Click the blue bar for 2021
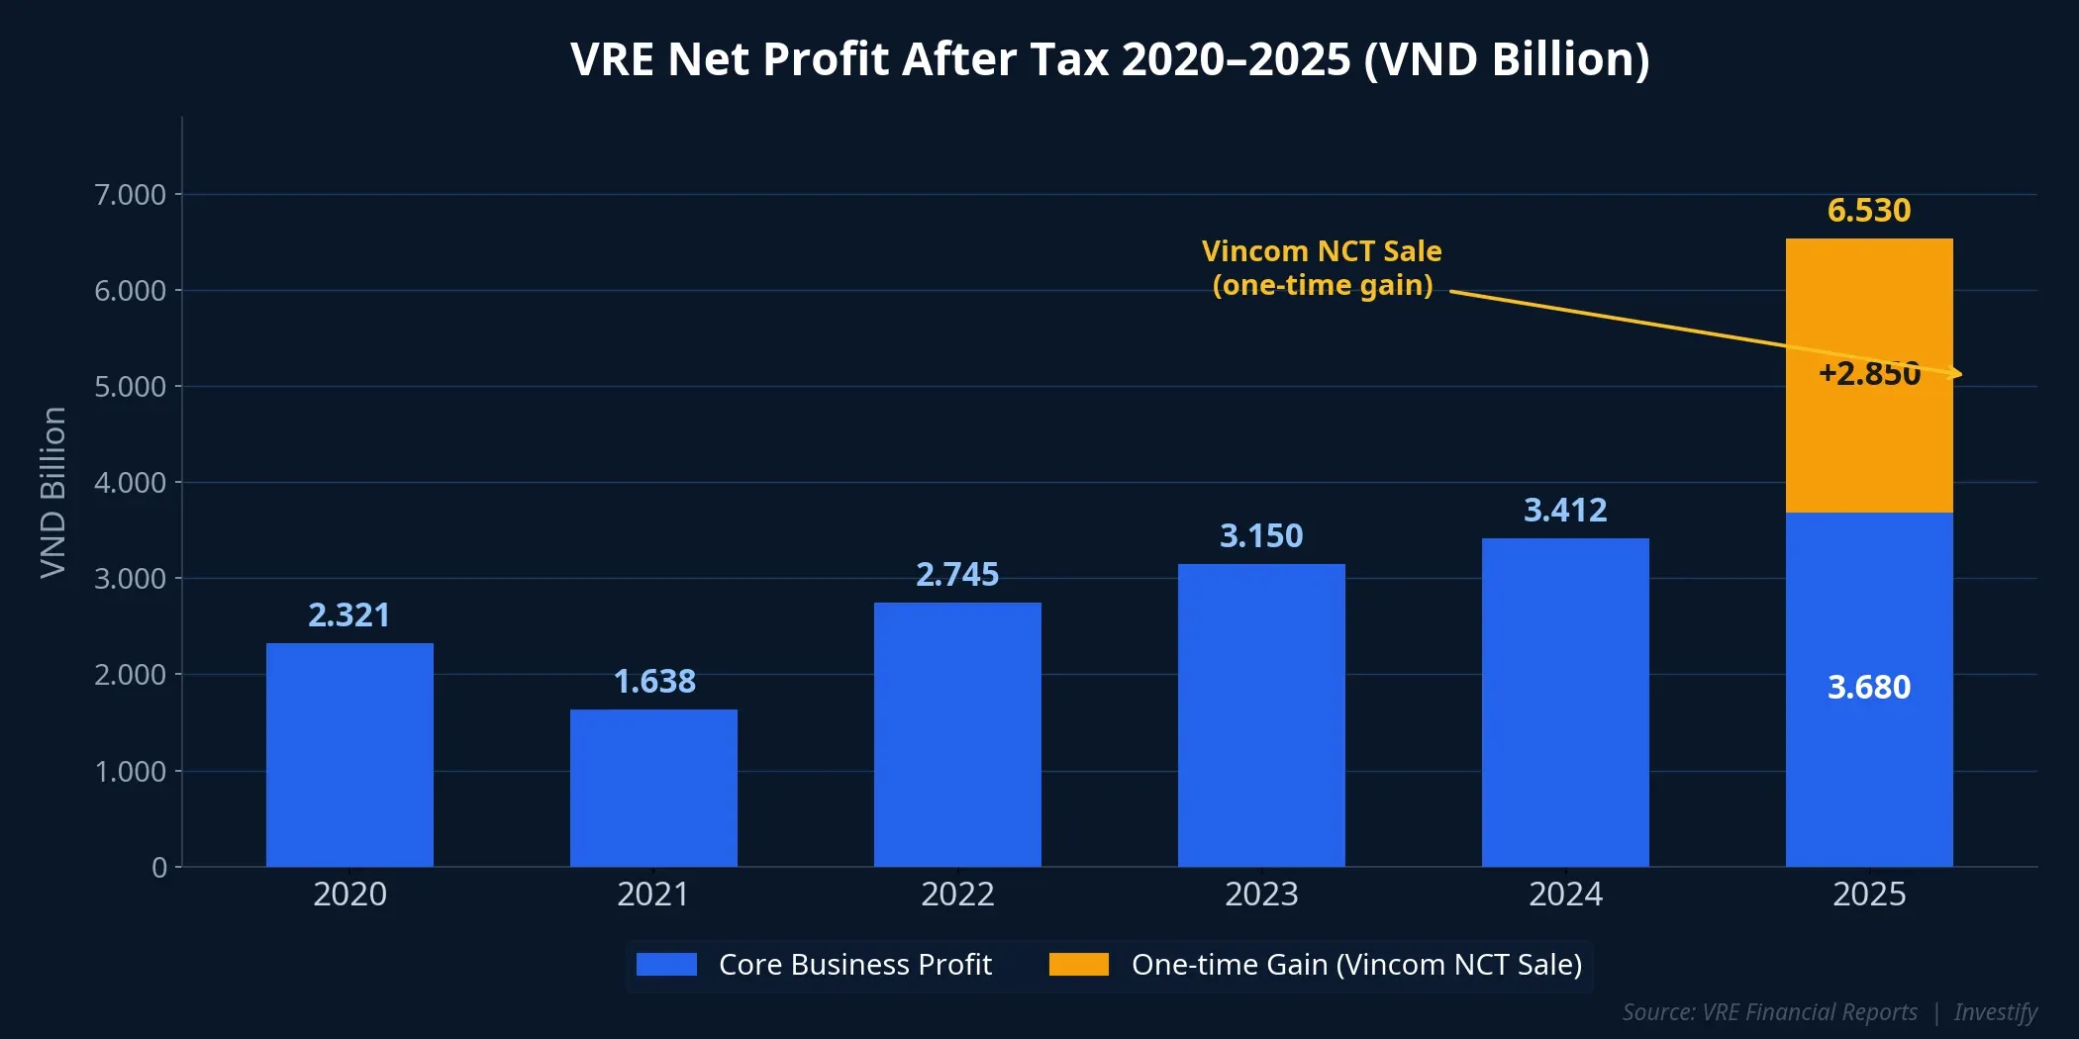click(653, 788)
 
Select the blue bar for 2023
click(1261, 714)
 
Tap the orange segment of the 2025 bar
click(1869, 445)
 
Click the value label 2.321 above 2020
click(348, 614)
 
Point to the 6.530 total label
click(1868, 210)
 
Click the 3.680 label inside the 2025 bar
click(1868, 687)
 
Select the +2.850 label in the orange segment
click(1868, 373)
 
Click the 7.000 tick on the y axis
click(130, 194)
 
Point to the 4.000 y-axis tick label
click(130, 482)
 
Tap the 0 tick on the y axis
click(159, 867)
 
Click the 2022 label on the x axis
click(956, 894)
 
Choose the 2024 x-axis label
click(1564, 894)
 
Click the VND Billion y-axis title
click(52, 492)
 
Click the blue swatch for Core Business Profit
click(666, 964)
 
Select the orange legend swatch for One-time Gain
click(1078, 964)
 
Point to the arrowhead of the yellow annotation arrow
click(1957, 374)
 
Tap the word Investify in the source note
click(1995, 1012)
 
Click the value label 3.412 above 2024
click(1564, 510)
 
